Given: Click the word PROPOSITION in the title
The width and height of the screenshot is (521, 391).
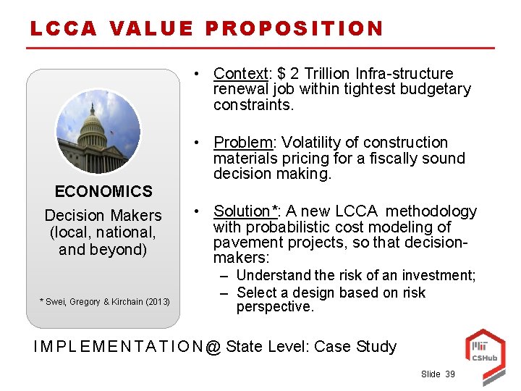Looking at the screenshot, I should pos(295,28).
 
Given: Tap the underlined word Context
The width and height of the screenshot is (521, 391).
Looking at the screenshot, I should pos(240,74).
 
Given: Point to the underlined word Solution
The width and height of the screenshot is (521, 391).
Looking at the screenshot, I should pos(242,211).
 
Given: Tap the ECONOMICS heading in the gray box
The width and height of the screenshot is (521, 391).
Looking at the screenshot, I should pos(103,192).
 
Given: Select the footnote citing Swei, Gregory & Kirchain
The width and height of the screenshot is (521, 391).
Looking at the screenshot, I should pos(104,301).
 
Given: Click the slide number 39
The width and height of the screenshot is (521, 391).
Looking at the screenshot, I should pos(450,374).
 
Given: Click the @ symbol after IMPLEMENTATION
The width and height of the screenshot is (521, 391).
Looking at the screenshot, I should pos(213,347).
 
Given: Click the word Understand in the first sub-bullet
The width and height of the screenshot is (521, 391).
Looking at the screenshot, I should pos(273,275).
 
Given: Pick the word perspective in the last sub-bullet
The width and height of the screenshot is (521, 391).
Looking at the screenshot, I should pos(275,306).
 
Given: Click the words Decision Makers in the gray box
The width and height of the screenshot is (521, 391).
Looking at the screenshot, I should pos(103,215).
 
